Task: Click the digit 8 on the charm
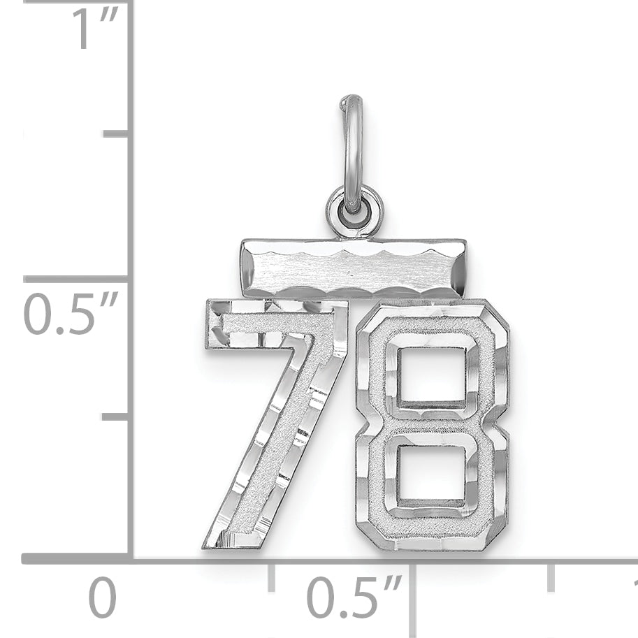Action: point(431,425)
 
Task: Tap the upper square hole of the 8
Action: point(430,375)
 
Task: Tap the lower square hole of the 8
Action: point(430,474)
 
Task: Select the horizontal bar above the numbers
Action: point(353,268)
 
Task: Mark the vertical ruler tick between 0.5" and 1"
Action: point(115,133)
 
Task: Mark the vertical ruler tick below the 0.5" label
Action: point(115,417)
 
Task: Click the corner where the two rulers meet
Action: point(130,558)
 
